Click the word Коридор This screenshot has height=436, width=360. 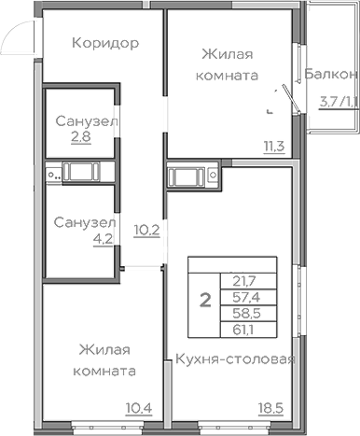(105, 43)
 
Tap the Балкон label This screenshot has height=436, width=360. (333, 74)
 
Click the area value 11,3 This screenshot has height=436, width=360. (272, 145)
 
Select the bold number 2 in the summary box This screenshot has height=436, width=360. (203, 302)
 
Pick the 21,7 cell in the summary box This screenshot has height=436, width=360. (239, 280)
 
